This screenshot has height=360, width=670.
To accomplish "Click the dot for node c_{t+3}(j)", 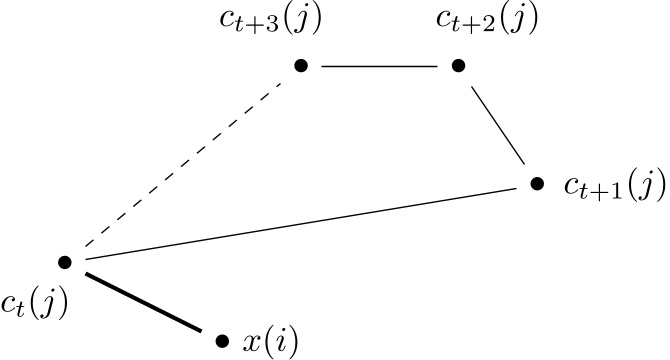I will pyautogui.click(x=301, y=66).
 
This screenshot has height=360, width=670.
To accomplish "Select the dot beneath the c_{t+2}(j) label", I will pyautogui.click(x=458, y=66).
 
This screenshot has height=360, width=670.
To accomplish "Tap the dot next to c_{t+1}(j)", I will pyautogui.click(x=537, y=184).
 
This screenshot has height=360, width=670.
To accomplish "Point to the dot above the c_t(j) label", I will pyautogui.click(x=65, y=262).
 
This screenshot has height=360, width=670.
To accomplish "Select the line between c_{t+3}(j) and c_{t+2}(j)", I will pyautogui.click(x=380, y=66).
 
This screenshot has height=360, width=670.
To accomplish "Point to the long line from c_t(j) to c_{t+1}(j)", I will pyautogui.click(x=300, y=223).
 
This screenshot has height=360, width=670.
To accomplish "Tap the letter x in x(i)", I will pyautogui.click(x=251, y=342).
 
